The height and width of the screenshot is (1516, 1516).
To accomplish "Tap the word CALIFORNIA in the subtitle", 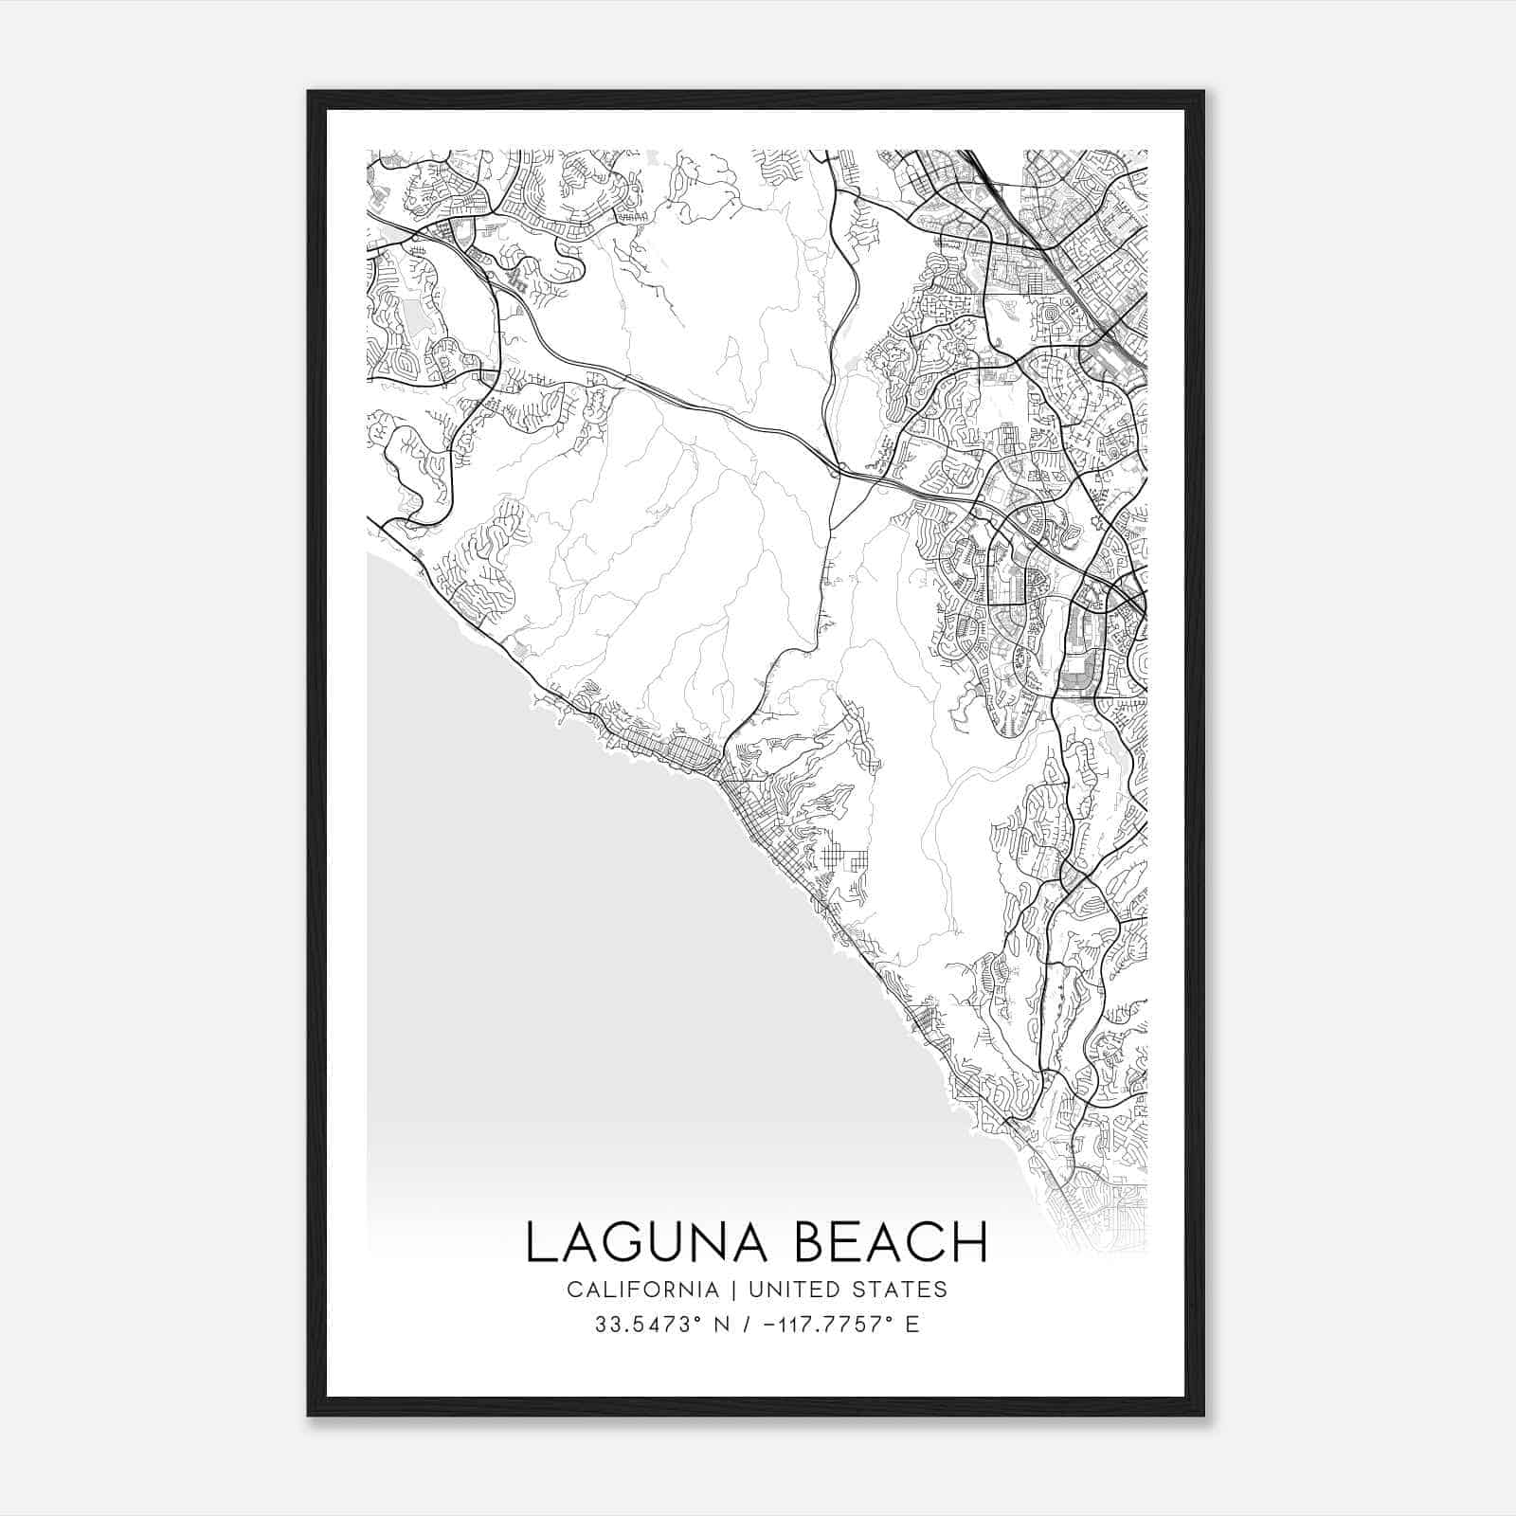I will (641, 1290).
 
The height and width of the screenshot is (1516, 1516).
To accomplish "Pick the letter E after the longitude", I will (912, 1325).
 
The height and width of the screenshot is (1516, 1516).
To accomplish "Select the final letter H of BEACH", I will (970, 1242).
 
